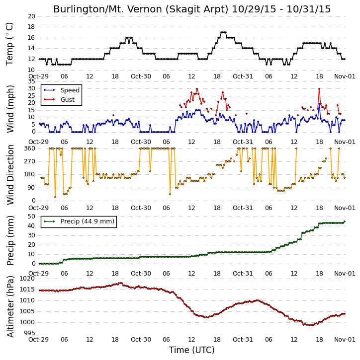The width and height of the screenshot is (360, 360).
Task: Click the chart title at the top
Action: [192, 9]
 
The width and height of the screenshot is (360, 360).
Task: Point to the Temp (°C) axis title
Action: [9, 44]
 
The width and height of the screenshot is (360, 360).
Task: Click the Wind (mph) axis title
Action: [10, 109]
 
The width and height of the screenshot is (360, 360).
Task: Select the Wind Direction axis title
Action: [10, 175]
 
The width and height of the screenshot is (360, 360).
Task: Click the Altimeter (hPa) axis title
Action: [10, 306]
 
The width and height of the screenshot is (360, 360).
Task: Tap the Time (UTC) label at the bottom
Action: [192, 350]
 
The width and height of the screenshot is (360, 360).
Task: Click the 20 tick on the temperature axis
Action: [31, 16]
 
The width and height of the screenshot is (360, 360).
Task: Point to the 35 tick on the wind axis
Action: [31, 81]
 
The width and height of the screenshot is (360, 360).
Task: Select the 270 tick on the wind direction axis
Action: [30, 161]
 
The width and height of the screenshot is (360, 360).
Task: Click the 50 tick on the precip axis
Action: [31, 216]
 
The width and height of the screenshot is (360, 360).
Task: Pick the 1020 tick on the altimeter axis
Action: [27, 279]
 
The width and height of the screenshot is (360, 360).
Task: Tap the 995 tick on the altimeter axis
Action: [29, 333]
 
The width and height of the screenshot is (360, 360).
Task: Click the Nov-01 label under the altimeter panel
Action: [345, 340]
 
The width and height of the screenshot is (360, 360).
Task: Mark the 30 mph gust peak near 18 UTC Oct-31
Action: [319, 88]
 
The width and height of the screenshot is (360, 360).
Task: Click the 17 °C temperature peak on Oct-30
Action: [223, 32]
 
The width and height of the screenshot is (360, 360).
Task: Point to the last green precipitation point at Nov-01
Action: [345, 221]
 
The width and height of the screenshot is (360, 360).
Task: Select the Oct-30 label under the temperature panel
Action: [141, 76]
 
